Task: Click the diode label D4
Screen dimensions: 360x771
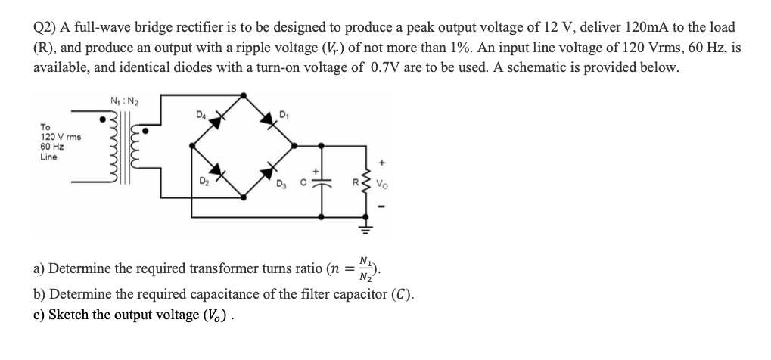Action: click(x=201, y=116)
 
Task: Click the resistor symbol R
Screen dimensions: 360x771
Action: click(x=373, y=182)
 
